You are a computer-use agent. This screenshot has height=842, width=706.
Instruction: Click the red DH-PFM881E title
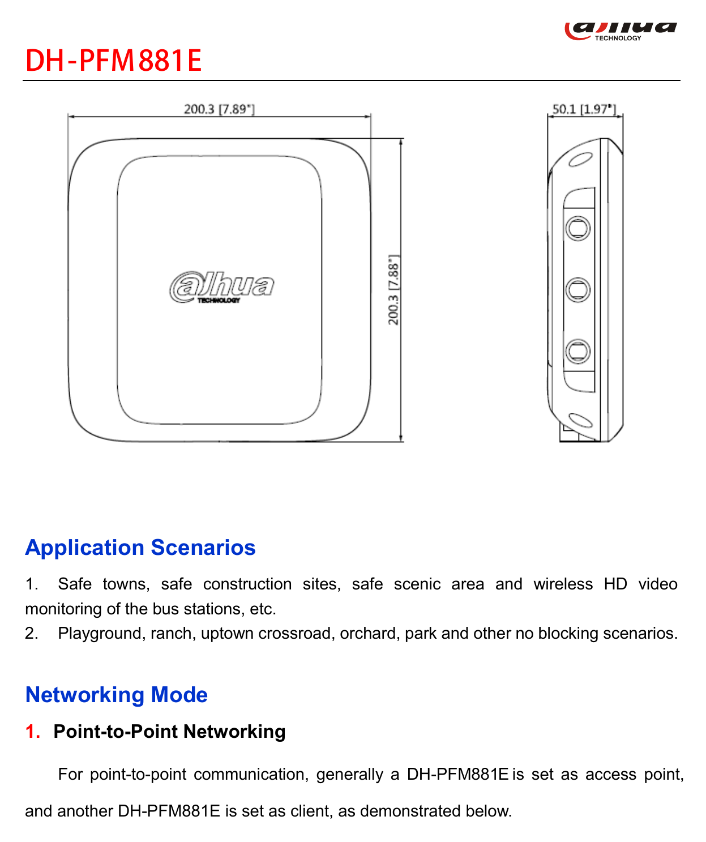113,61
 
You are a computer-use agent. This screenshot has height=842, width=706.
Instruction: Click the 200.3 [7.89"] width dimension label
219,109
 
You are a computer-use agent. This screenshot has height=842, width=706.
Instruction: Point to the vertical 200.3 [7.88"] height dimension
393,289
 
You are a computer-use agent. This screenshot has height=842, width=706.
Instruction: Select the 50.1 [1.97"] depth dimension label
584,109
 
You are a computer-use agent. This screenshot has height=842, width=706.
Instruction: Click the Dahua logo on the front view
222,287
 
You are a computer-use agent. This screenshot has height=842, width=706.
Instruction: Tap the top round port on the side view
578,228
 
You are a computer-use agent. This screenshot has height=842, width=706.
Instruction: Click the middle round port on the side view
578,289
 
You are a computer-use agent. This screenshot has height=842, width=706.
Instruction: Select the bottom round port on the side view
578,351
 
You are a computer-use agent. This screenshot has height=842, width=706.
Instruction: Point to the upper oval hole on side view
581,159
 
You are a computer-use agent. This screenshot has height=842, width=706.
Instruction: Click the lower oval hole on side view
581,420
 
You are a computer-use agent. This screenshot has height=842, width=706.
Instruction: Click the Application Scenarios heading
140,548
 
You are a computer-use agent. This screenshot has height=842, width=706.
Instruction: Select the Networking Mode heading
117,695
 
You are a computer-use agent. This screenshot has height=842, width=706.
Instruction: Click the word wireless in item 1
563,584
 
